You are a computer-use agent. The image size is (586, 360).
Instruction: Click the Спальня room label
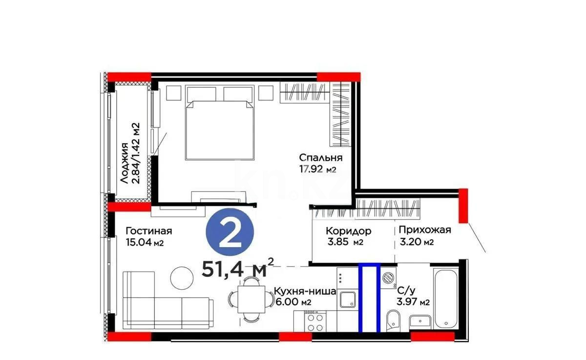tap(320, 158)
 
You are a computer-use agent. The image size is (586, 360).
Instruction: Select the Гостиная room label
tap(148, 231)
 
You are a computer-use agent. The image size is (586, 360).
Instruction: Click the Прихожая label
tap(424, 230)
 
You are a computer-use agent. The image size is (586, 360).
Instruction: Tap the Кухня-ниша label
tap(305, 292)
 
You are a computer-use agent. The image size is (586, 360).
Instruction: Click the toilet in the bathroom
tap(393, 321)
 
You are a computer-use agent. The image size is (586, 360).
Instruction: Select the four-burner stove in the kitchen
tap(315, 322)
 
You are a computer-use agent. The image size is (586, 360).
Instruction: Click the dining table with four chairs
tap(251, 298)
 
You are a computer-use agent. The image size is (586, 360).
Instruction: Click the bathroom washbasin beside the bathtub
tap(420, 321)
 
